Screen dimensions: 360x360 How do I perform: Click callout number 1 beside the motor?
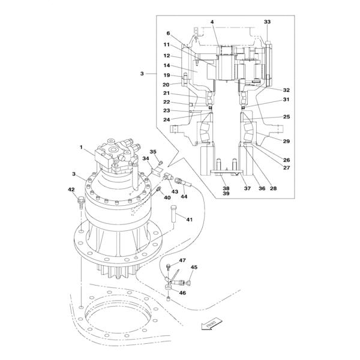click(81, 147)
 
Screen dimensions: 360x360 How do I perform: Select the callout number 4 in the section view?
click(212, 22)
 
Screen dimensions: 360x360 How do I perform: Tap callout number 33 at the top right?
click(267, 22)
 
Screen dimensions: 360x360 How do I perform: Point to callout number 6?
click(168, 34)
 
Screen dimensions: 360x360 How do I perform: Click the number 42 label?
click(71, 190)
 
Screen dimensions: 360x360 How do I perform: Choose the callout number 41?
click(189, 220)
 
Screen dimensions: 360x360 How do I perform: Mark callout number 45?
click(194, 267)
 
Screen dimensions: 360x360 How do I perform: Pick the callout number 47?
click(182, 260)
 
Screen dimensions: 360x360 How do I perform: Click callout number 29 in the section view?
click(286, 141)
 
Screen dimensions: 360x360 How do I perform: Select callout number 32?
click(286, 90)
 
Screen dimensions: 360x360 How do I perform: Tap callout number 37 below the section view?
click(246, 188)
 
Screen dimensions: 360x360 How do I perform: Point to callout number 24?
click(167, 119)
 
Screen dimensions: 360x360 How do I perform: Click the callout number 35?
click(153, 152)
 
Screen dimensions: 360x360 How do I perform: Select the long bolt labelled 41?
click(173, 215)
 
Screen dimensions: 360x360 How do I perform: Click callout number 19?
click(167, 76)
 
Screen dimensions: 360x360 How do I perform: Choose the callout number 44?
click(184, 196)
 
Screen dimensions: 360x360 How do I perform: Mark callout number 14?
click(167, 65)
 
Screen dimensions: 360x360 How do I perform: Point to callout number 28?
click(273, 188)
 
